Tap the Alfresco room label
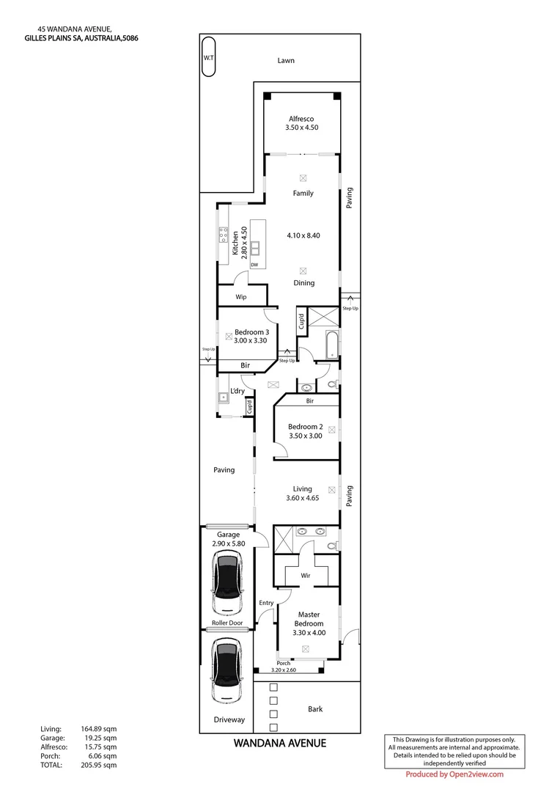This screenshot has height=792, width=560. [x=301, y=118]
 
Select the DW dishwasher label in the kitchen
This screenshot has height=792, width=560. [x=254, y=265]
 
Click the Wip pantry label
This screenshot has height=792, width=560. [x=240, y=297]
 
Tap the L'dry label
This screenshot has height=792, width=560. [x=237, y=391]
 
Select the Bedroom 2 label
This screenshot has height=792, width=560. [x=304, y=427]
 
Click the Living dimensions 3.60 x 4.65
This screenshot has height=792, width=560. [x=303, y=499]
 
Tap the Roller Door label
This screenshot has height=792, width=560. [x=226, y=623]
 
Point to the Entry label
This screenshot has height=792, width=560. [x=265, y=603]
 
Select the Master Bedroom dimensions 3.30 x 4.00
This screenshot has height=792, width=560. [x=310, y=633]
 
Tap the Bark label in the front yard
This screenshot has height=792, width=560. [x=314, y=709]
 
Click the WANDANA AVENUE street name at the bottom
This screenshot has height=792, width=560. [x=279, y=744]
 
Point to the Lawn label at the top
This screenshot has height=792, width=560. [x=286, y=60]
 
